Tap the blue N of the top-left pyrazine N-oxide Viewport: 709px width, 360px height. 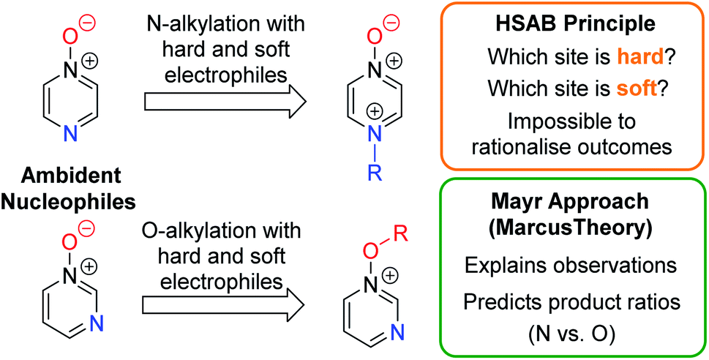[66, 132]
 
